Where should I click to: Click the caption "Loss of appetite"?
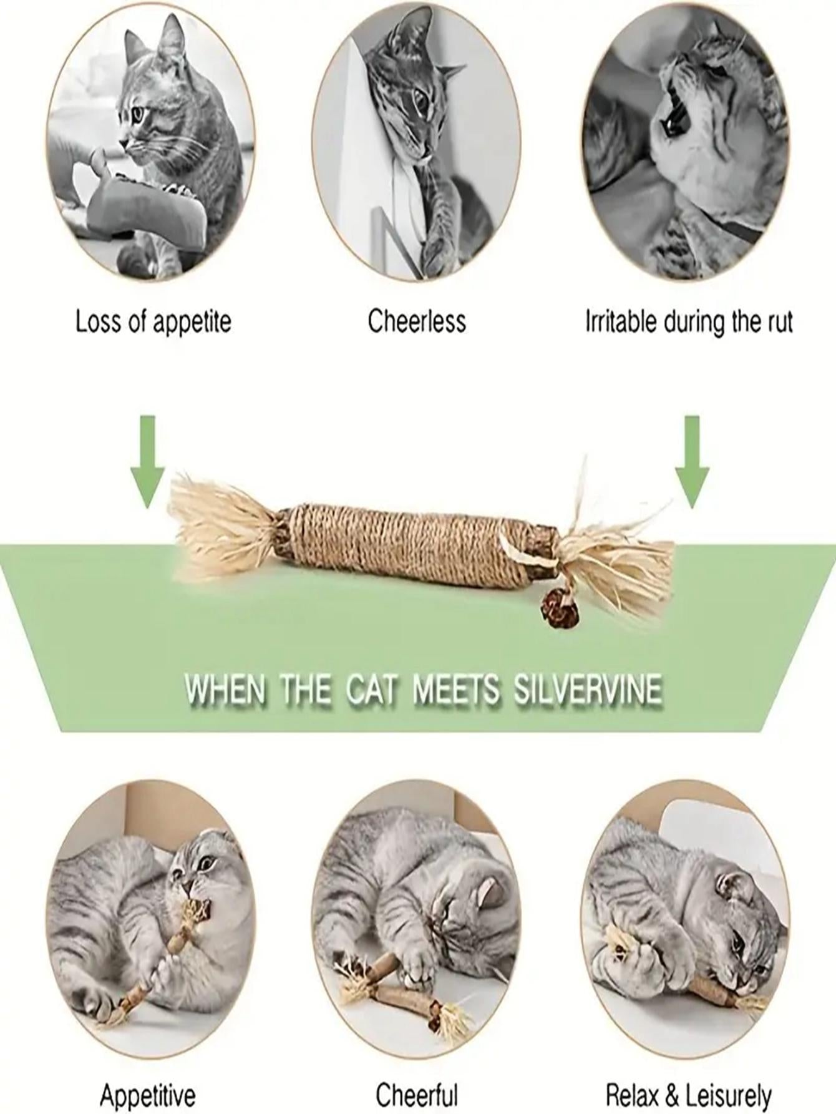click(x=153, y=322)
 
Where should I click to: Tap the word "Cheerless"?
click(x=417, y=322)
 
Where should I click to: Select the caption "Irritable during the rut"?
click(x=689, y=322)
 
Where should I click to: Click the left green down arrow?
click(x=147, y=461)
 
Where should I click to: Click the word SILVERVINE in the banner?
click(x=587, y=690)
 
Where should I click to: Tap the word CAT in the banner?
click(x=372, y=690)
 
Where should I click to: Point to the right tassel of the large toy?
click(x=615, y=549)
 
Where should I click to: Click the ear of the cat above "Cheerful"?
click(x=490, y=894)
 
